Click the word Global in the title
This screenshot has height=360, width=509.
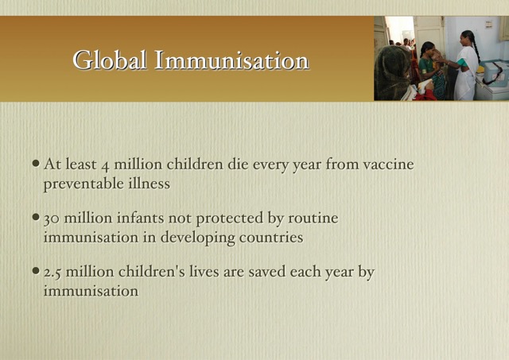(110, 60)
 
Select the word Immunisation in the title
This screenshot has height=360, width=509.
(231, 60)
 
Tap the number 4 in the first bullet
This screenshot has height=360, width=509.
(105, 166)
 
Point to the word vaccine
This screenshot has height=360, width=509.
(389, 165)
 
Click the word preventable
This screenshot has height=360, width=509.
(84, 184)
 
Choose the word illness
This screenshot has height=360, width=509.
(150, 184)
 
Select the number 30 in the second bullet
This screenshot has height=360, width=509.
(51, 219)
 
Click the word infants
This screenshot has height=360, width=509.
(140, 218)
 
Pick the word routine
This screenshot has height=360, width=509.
(313, 218)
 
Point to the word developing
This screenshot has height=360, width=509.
(197, 238)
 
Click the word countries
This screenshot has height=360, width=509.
(271, 238)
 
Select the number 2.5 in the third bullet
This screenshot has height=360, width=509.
(52, 273)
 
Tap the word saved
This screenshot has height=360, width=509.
(267, 272)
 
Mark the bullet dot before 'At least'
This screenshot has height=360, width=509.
(36, 163)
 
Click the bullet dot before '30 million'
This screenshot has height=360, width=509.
(36, 216)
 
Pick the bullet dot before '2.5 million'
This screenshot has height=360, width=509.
(36, 270)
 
